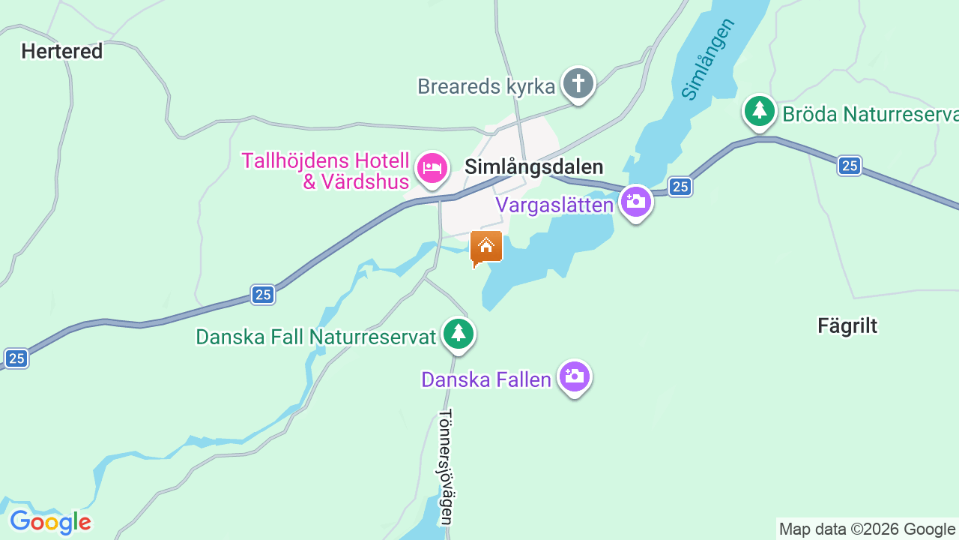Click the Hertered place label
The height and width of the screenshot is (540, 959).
[61, 52]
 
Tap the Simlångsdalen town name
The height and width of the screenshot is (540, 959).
[533, 166]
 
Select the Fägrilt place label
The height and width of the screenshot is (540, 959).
[847, 325]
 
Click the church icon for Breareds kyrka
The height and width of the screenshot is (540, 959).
[578, 83]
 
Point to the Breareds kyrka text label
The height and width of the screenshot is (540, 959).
[486, 86]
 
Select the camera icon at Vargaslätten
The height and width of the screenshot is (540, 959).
[635, 202]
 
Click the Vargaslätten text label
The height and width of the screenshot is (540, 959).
[554, 205]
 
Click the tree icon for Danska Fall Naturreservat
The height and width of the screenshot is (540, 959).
[458, 333]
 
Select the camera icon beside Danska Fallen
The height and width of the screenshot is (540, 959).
[575, 376]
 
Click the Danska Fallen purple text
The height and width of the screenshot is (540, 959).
[486, 379]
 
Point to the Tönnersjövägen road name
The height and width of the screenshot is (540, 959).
[446, 466]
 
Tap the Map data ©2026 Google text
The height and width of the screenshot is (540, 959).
[868, 529]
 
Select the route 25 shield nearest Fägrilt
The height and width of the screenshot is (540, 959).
[849, 166]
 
